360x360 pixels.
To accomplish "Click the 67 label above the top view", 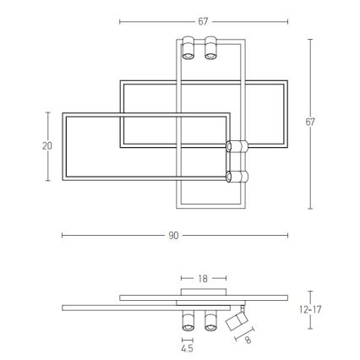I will tap(203, 21).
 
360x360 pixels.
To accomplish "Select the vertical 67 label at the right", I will tap(310, 123).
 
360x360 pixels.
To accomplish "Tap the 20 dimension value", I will tap(47, 145).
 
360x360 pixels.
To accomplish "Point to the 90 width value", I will tap(173, 236).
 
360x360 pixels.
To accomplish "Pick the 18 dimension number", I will tap(203, 277).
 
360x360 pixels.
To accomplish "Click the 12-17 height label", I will tap(311, 309).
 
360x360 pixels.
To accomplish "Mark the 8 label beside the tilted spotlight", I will tap(248, 340).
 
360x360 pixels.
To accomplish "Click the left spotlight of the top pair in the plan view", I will tap(188, 48).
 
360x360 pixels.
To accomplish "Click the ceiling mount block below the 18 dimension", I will tap(203, 292).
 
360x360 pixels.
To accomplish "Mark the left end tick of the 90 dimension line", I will tap(62, 236).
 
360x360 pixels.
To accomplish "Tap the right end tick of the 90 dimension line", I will tap(287, 236).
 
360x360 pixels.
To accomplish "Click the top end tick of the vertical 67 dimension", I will tap(310, 39).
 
